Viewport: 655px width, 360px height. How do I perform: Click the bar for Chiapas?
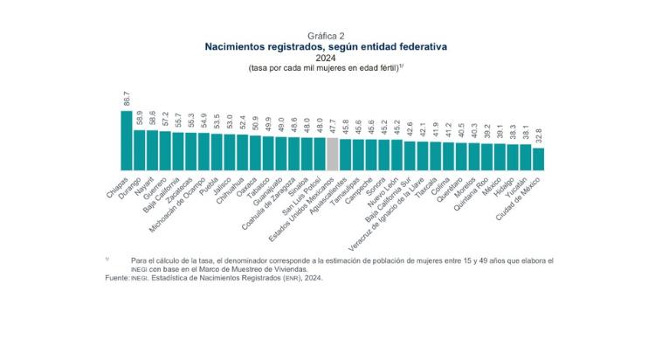(127, 140)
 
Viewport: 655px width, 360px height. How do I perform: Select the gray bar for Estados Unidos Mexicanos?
(332, 153)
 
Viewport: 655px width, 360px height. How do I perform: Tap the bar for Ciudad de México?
(538, 158)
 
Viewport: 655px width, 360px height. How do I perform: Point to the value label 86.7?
(127, 99)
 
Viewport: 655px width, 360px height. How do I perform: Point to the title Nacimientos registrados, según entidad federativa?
(327, 47)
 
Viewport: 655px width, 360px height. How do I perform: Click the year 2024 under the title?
(327, 58)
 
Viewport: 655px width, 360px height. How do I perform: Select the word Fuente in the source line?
(116, 277)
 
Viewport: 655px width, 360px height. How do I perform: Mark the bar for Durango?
(140, 149)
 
